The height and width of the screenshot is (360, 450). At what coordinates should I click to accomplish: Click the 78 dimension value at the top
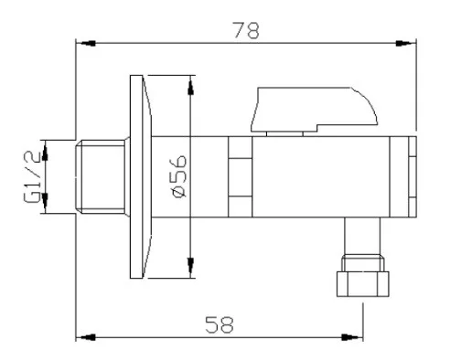point(246,30)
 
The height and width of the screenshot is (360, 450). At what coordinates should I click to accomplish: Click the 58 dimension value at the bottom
point(220,324)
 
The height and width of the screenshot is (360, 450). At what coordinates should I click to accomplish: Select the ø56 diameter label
point(179,176)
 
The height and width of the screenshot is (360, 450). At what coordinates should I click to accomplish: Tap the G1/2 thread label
point(32,177)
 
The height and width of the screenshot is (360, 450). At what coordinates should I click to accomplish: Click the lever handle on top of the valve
point(314,110)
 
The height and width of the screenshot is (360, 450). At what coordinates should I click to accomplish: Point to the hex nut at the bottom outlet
point(362,284)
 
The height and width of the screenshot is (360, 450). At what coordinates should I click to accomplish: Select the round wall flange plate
point(141,176)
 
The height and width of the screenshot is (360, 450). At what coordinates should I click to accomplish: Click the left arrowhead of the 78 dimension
point(85,43)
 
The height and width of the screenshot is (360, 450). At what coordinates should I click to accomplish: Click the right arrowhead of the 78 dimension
point(406,43)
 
